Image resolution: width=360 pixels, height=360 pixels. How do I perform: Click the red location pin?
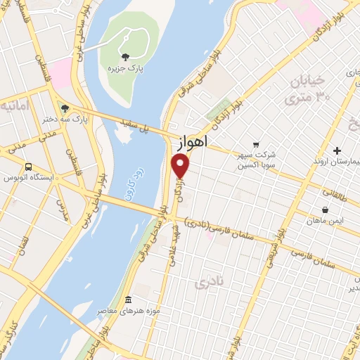coord(181,167)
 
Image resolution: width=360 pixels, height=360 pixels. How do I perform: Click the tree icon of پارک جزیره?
coord(125,57)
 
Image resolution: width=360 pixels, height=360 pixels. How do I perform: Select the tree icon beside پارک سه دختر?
coord(64,108)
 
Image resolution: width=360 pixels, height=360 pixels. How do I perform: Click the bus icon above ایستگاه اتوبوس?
coord(27,167)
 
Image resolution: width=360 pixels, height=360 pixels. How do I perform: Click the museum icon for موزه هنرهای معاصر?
coord(127,300)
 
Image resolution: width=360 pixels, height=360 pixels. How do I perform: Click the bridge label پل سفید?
coord(154,129)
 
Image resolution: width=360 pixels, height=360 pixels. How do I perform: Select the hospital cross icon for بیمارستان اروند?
coord(337,150)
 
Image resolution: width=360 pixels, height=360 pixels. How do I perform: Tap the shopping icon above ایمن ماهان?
coord(325,210)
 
